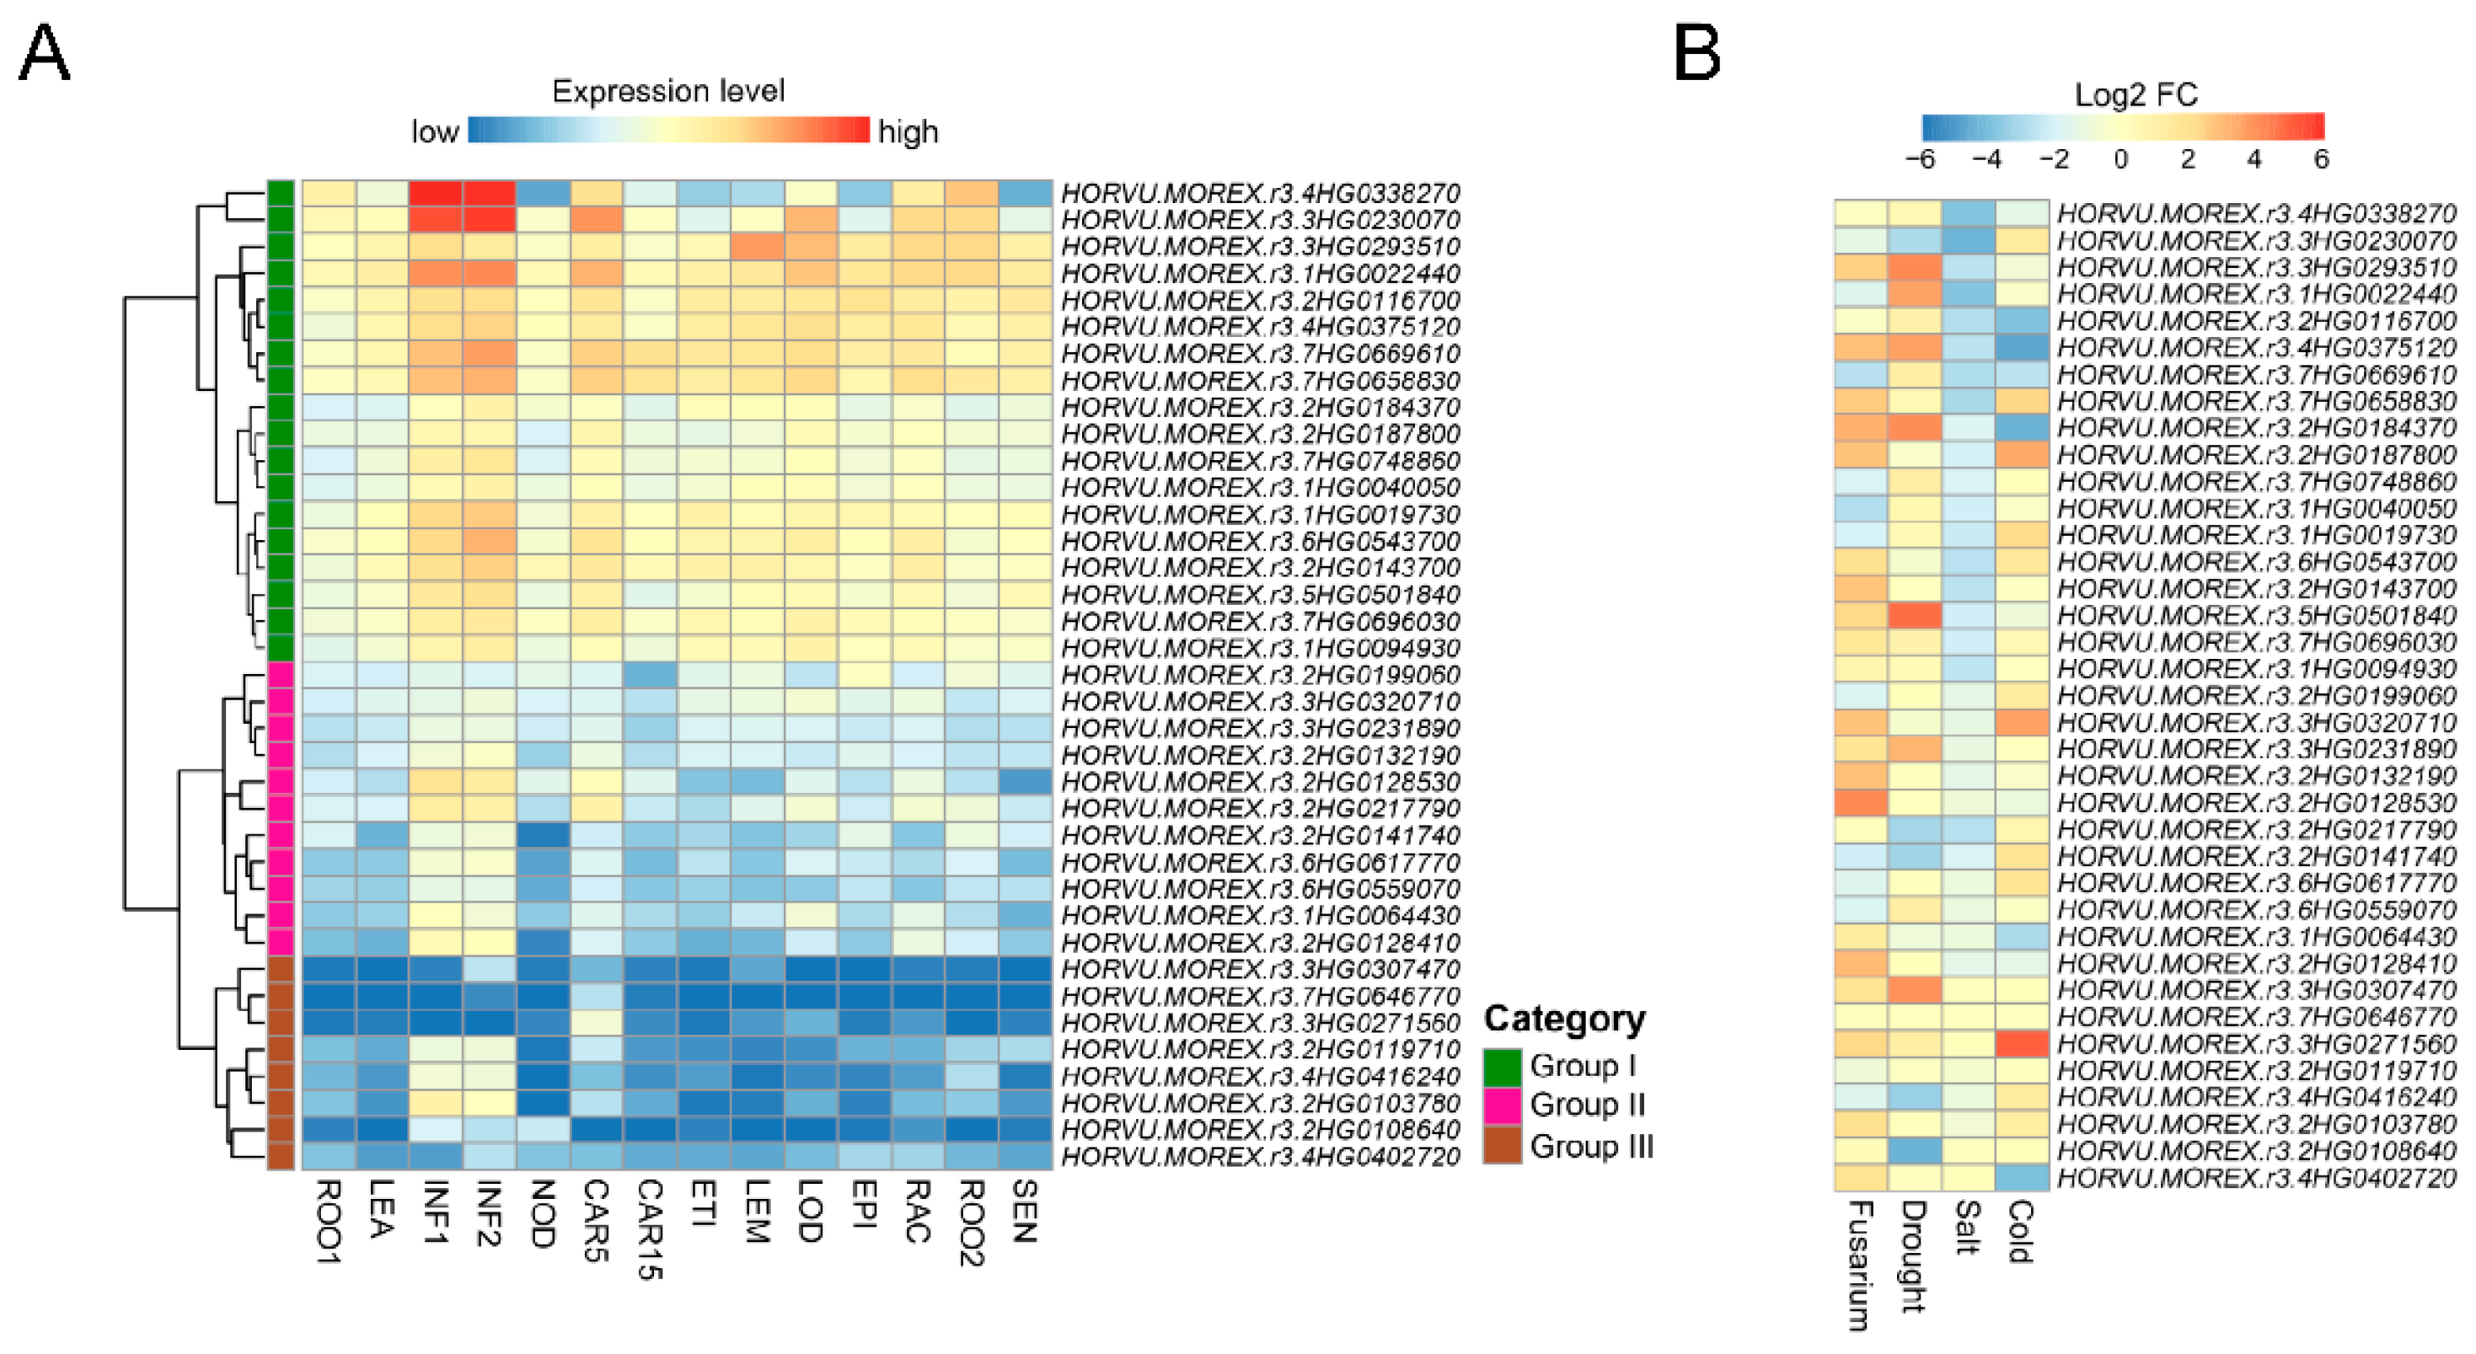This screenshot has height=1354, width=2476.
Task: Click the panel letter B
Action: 1696,55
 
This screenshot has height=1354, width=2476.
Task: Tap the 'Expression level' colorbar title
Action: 668,91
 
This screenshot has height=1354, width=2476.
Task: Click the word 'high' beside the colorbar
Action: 908,131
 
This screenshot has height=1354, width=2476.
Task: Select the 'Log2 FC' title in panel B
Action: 2136,94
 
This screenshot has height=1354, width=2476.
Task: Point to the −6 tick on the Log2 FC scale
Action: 1920,158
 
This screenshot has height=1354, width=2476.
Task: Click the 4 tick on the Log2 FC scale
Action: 2254,158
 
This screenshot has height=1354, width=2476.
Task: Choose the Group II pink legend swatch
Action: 1503,1105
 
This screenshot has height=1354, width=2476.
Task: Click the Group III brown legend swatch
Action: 1503,1146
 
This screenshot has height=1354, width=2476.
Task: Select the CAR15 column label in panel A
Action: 651,1229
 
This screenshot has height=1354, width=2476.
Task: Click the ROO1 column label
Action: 329,1222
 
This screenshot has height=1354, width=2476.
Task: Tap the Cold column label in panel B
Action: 2022,1231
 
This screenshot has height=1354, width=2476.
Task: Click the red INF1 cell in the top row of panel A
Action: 436,193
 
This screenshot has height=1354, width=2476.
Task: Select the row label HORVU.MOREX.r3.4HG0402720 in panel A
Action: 1260,1157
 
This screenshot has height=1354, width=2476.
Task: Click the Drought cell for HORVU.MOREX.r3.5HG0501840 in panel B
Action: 1915,615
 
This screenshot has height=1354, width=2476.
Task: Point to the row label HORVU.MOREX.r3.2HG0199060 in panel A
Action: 1260,675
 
